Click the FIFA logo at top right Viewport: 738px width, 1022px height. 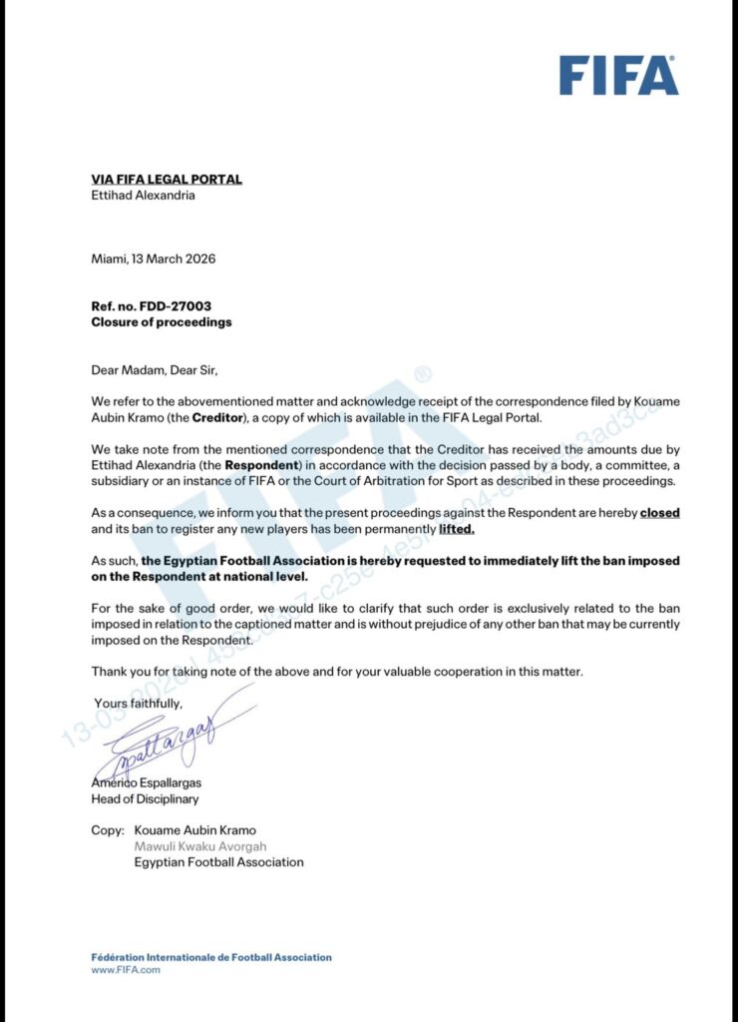click(618, 75)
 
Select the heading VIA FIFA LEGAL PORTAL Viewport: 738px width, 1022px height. click(167, 180)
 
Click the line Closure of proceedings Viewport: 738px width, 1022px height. click(162, 322)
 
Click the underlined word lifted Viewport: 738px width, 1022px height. click(457, 529)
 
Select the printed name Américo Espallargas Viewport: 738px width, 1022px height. click(147, 783)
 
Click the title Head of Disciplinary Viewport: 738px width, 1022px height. click(146, 799)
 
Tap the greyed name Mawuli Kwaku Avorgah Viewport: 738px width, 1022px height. click(200, 846)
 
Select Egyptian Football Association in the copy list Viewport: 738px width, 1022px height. click(219, 862)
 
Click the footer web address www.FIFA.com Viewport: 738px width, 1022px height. click(126, 970)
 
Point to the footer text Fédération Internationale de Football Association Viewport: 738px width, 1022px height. click(211, 957)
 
